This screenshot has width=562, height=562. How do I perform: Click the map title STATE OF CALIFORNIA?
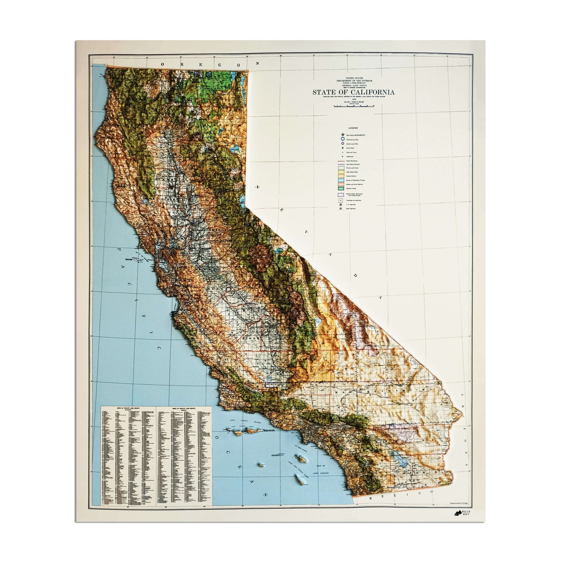[x=353, y=92]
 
